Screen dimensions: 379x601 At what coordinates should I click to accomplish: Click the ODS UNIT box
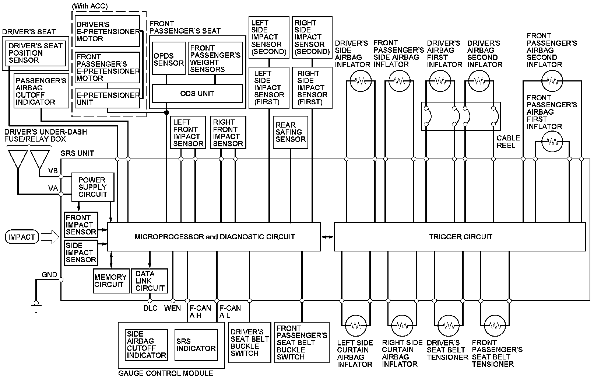(197, 94)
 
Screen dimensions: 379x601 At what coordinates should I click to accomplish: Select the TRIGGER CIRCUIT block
(460, 237)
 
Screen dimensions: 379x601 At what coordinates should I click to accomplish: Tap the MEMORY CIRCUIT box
(111, 281)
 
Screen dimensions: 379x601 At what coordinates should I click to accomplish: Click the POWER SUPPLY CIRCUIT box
(92, 187)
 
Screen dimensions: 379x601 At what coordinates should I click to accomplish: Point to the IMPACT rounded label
(22, 237)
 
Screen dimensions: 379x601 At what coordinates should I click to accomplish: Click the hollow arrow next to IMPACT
(50, 237)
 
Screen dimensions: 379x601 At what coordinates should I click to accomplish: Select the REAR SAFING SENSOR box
(291, 132)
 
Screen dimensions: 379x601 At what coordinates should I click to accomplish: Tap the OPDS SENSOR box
(168, 59)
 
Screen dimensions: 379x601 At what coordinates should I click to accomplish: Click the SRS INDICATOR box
(196, 345)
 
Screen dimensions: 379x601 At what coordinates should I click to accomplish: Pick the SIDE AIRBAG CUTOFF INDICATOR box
(146, 345)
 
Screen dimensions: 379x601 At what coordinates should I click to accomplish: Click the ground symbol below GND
(36, 305)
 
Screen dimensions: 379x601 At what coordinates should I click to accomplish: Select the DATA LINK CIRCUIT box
(149, 281)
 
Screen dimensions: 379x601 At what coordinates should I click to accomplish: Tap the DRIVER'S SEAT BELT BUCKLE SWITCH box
(250, 343)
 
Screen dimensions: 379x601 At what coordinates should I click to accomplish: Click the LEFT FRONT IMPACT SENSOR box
(188, 133)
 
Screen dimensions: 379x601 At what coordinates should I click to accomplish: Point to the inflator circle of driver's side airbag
(361, 81)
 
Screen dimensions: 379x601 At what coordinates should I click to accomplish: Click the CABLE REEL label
(508, 142)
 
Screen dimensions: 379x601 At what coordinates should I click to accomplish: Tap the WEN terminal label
(172, 308)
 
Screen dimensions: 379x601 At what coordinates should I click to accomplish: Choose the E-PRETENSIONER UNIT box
(107, 98)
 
